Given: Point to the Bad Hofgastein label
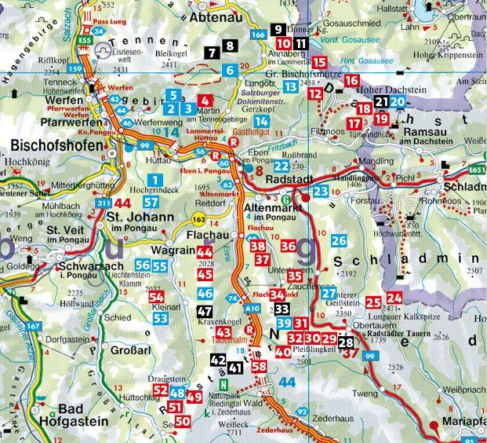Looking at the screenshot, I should [74, 415].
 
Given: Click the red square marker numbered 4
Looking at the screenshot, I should [205, 101].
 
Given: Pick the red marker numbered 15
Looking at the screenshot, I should [319, 63].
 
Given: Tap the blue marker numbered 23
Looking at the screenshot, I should [320, 191].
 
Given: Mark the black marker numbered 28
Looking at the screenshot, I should [346, 342].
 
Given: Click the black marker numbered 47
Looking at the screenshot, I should [205, 311].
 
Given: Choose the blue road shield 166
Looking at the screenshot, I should [258, 35].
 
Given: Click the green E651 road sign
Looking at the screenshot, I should [475, 170].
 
